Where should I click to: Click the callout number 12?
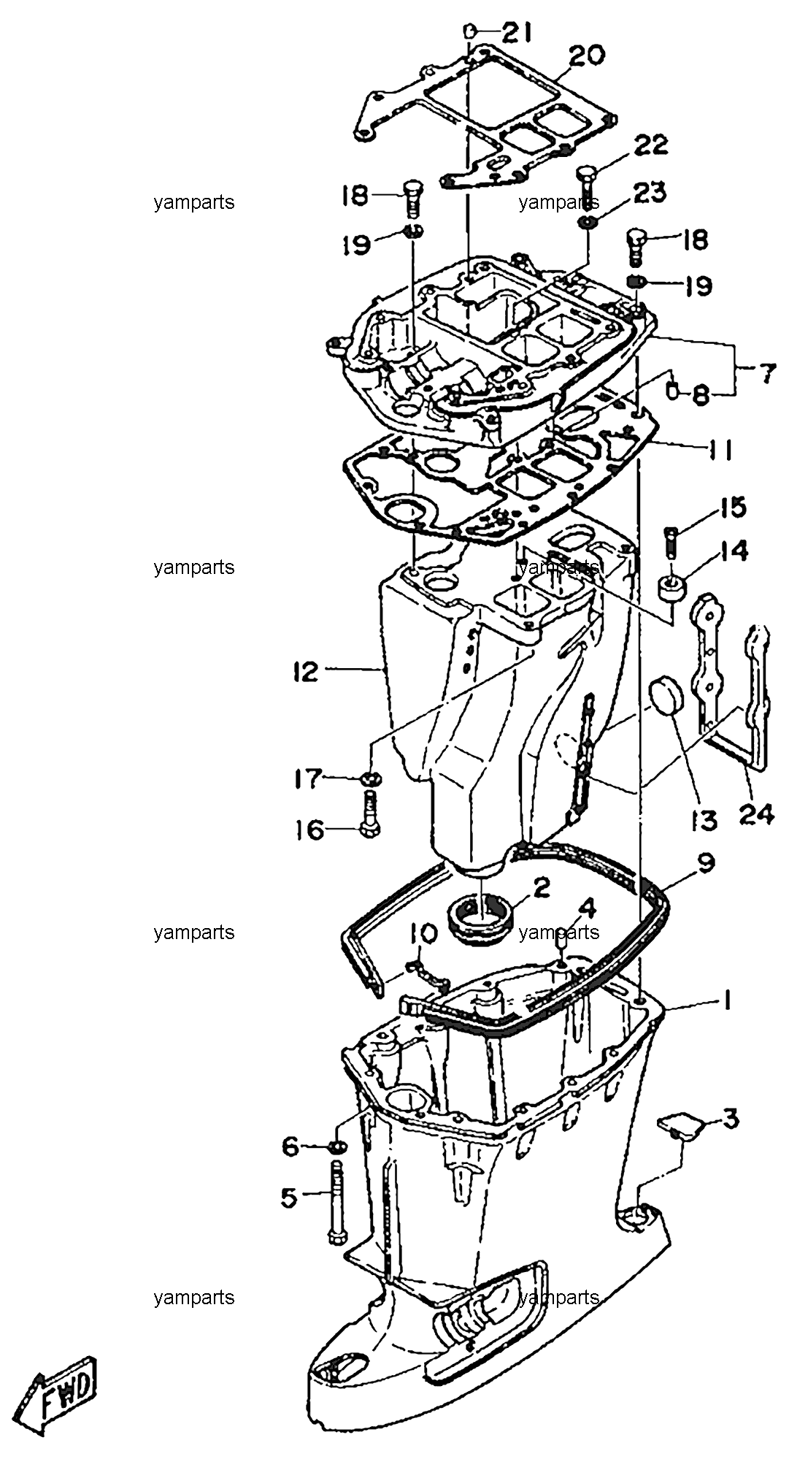pos(304,670)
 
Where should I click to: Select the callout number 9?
pos(704,864)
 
